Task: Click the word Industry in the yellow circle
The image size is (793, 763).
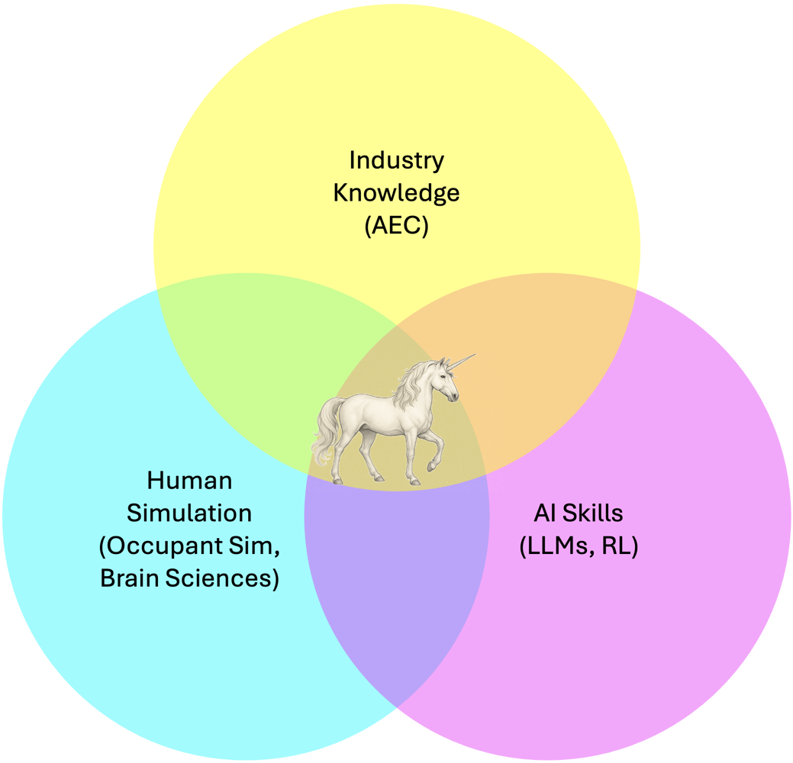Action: click(x=396, y=160)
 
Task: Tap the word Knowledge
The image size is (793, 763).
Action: click(x=396, y=193)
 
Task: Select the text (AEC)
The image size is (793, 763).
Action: click(x=396, y=226)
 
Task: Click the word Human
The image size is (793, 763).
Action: click(x=189, y=481)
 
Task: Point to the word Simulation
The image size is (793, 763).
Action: click(x=189, y=513)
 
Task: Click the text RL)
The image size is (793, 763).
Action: click(x=620, y=546)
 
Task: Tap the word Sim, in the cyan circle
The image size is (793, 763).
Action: click(x=252, y=546)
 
